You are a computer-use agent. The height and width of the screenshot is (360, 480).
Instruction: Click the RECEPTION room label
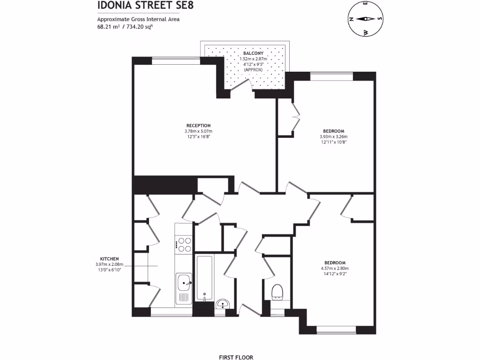pyautogui.click(x=198, y=126)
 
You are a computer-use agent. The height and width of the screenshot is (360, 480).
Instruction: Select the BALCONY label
pyautogui.click(x=253, y=54)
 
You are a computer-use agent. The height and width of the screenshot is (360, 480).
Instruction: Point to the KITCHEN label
pyautogui.click(x=109, y=259)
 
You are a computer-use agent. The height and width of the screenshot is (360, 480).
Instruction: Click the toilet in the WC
pyautogui.click(x=277, y=292)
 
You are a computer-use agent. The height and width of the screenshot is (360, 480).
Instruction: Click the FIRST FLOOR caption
pyautogui.click(x=239, y=357)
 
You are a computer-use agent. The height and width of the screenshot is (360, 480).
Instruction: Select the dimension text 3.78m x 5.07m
pyautogui.click(x=198, y=131)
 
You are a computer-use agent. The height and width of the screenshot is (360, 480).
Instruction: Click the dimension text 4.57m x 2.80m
pyautogui.click(x=335, y=268)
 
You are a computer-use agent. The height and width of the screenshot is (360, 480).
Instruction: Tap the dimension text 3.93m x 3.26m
pyautogui.click(x=334, y=136)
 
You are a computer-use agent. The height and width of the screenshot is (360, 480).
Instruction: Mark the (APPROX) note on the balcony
pyautogui.click(x=253, y=69)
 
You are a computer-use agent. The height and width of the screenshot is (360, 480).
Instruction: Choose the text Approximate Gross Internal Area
pyautogui.click(x=138, y=19)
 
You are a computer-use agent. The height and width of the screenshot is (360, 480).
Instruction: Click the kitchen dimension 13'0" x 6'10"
pyautogui.click(x=109, y=270)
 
